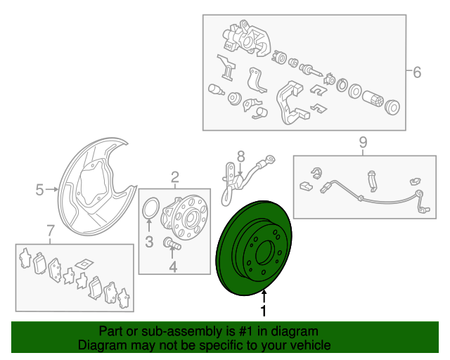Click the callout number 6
pyautogui.click(x=417, y=72)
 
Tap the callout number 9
pyautogui.click(x=363, y=143)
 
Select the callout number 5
pyautogui.click(x=39, y=190)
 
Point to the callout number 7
pyautogui.click(x=50, y=231)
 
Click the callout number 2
pyautogui.click(x=175, y=177)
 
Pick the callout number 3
pyautogui.click(x=149, y=242)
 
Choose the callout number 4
pyautogui.click(x=173, y=266)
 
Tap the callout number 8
pyautogui.click(x=241, y=157)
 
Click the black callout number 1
pyautogui.click(x=264, y=311)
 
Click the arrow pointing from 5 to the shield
pyautogui.click(x=52, y=189)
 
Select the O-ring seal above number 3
pyautogui.click(x=150, y=208)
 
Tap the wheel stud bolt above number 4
pyautogui.click(x=172, y=243)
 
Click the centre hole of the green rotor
pyautogui.click(x=265, y=252)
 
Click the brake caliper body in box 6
pyautogui.click(x=247, y=38)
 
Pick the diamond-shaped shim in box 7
pyautogui.click(x=84, y=264)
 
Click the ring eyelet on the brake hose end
pyautogui.click(x=270, y=159)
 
